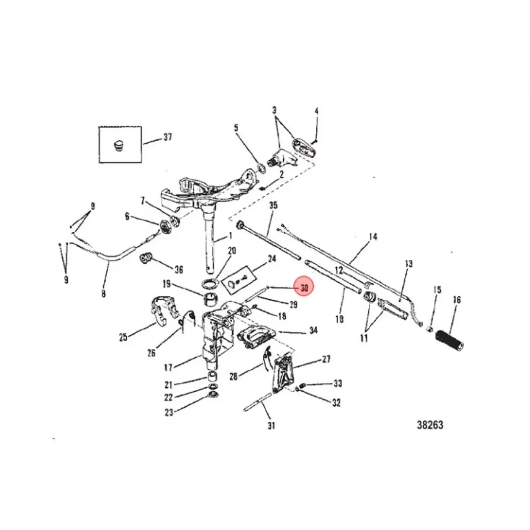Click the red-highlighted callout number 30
tap(304, 288)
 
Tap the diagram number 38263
tap(430, 425)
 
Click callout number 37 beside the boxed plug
tap(167, 137)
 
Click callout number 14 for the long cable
tap(373, 237)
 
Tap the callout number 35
tap(273, 205)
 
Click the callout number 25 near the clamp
tap(123, 337)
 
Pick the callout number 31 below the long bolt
tap(271, 426)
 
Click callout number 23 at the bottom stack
tap(169, 412)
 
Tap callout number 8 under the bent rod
tap(103, 292)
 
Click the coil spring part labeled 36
tap(145, 258)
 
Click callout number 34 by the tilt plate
tap(313, 330)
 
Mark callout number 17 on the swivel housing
tap(169, 367)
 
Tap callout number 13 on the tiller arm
tap(409, 264)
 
